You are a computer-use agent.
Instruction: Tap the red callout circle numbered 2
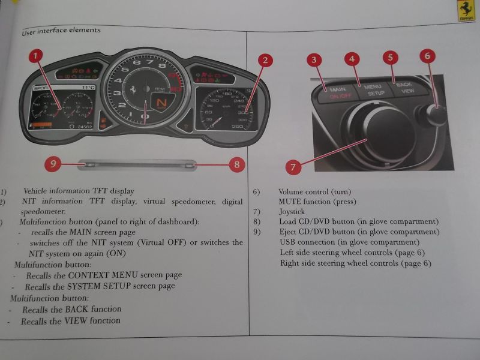click(265, 60)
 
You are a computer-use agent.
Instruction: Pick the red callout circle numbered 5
click(391, 58)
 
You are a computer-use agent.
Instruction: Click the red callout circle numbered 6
click(427, 56)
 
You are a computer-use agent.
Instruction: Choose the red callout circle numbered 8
click(237, 163)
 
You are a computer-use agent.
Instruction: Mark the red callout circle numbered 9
click(53, 163)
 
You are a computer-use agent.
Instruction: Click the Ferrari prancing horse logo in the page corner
click(466, 10)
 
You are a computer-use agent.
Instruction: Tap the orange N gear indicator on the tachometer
click(160, 104)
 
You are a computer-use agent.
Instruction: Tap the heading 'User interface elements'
click(61, 30)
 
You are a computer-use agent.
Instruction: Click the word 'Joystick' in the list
click(292, 212)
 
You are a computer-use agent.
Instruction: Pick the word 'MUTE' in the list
click(291, 202)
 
